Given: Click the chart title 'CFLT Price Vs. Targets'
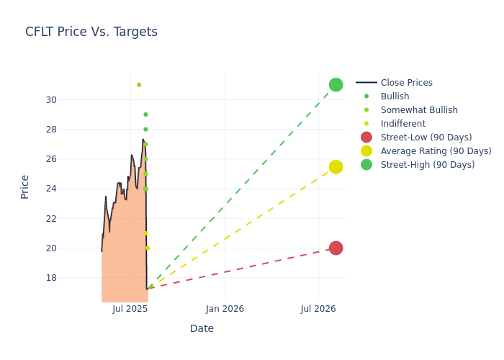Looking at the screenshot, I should tap(91, 32).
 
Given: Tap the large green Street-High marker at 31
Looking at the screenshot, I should tap(336, 85).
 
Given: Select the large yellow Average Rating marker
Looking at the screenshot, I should tap(336, 167).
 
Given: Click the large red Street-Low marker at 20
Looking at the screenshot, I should tap(336, 248).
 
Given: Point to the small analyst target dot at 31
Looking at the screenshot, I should tap(139, 85).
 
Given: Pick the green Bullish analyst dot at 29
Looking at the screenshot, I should tap(145, 114).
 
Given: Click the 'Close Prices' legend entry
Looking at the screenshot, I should tap(406, 83).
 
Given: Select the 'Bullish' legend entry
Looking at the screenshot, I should tap(395, 96).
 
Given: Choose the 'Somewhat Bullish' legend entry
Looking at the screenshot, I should tap(419, 110).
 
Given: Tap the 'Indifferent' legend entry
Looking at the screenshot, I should tap(402, 124).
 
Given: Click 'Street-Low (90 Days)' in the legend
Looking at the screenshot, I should tap(426, 138).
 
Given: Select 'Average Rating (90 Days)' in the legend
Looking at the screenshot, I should tap(436, 151).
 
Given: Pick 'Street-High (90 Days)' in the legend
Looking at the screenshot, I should tap(428, 165).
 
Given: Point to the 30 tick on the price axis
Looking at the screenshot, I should tap(51, 100).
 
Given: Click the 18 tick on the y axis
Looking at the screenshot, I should tap(51, 278).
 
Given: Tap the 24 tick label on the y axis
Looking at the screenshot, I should tap(51, 189).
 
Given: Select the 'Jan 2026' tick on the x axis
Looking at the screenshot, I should tap(225, 309).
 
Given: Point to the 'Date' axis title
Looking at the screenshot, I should tap(202, 329).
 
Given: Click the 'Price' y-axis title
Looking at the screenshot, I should tap(25, 186).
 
